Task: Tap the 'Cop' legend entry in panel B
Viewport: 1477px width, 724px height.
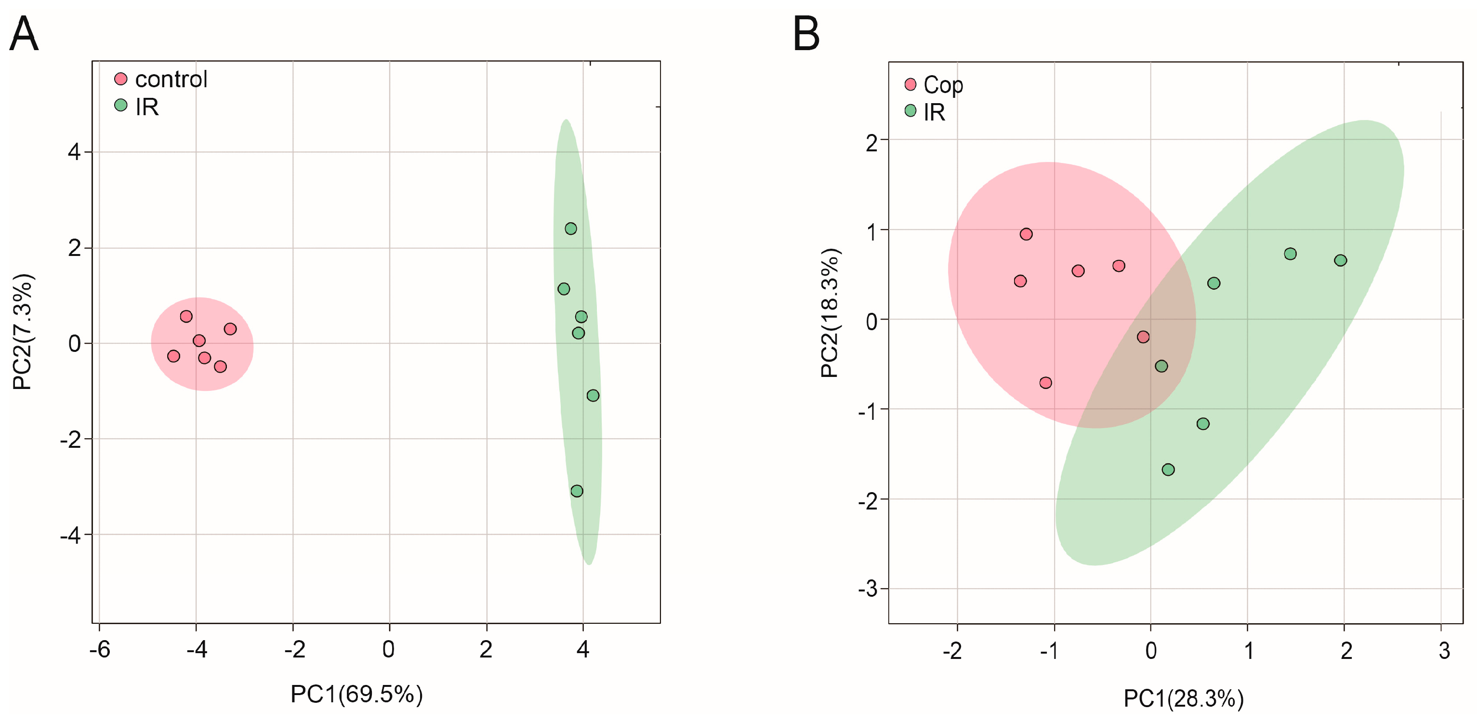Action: [943, 85]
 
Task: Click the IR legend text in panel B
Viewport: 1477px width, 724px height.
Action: [934, 112]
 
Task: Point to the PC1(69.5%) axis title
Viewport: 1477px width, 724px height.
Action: [356, 694]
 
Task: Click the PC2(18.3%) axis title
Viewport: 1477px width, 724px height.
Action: [830, 313]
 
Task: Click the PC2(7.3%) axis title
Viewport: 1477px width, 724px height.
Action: [23, 332]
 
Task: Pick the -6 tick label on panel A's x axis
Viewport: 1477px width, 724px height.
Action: [99, 649]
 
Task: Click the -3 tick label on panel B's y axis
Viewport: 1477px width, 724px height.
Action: [868, 589]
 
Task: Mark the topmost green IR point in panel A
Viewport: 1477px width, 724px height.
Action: [570, 229]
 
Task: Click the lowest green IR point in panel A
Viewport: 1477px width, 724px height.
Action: [577, 491]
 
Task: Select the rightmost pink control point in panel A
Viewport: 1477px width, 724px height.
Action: [230, 329]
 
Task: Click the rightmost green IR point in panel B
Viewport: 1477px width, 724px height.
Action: [1340, 260]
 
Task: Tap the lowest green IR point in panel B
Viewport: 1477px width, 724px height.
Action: [1168, 470]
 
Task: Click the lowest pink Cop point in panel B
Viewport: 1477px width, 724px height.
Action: [1046, 383]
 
